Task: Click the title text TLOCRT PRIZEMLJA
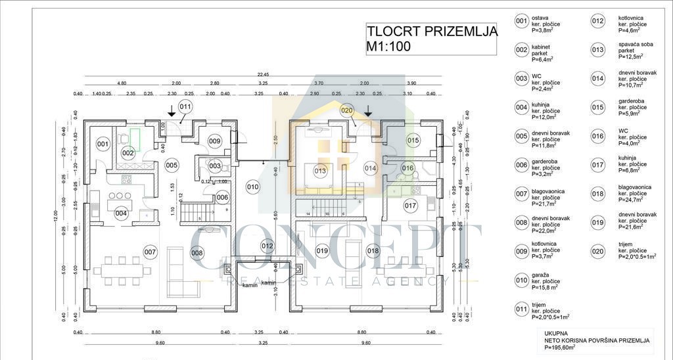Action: pyautogui.click(x=431, y=30)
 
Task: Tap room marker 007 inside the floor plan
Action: pyautogui.click(x=150, y=252)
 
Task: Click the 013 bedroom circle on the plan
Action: pyautogui.click(x=320, y=171)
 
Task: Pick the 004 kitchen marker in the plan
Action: pyautogui.click(x=120, y=213)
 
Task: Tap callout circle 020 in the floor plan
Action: pyautogui.click(x=347, y=110)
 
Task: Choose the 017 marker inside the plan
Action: pyautogui.click(x=411, y=206)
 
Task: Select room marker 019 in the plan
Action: pyautogui.click(x=322, y=250)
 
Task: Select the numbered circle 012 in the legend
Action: pyautogui.click(x=597, y=21)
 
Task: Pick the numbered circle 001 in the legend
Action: pyautogui.click(x=521, y=21)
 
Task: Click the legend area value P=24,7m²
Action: pyautogui.click(x=632, y=200)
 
